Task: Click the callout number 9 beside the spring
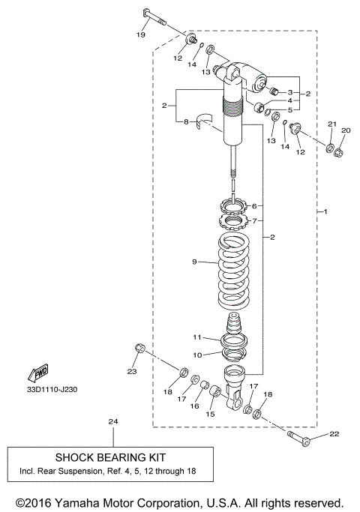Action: pos(193,262)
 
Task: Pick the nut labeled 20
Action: pos(338,152)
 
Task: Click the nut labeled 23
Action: pos(139,347)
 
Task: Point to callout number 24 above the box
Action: pos(113,422)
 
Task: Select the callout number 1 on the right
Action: pos(325,212)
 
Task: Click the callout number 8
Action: pos(187,121)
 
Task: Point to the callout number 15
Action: pos(211,415)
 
